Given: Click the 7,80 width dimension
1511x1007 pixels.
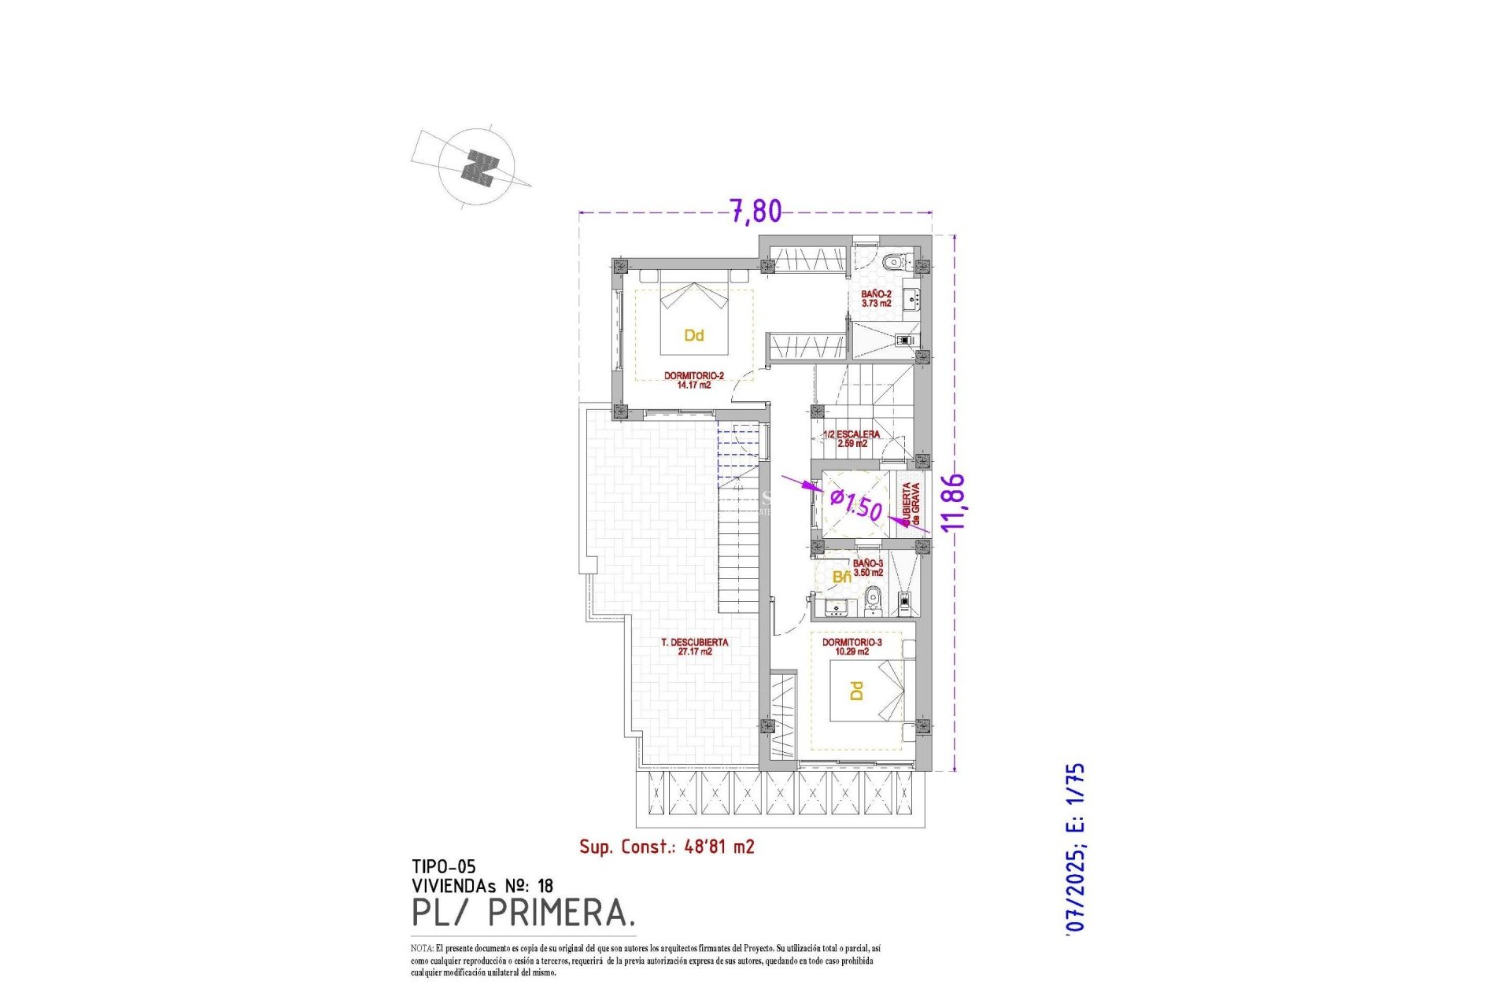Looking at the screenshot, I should [755, 211].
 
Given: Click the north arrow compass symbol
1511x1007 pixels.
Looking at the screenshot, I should [477, 168].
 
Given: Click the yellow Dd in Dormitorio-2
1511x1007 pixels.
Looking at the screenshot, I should [693, 336].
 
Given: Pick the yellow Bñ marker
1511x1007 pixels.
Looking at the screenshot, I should [841, 577].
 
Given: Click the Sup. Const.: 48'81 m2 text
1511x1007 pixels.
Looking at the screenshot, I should [667, 847].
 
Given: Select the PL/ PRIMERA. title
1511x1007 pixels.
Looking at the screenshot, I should [523, 913].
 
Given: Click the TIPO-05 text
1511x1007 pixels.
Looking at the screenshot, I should [444, 866].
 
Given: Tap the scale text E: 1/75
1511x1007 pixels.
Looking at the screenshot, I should [1075, 797].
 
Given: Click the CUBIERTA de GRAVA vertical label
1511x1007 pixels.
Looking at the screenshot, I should [911, 503].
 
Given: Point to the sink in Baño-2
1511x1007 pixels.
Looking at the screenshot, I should [912, 299].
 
